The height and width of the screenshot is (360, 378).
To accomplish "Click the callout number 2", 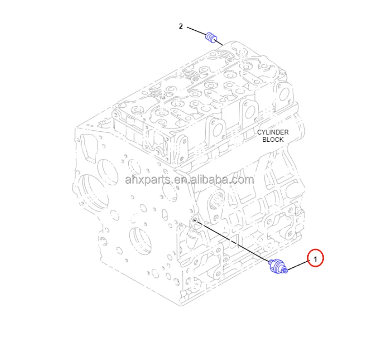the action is click(181, 26).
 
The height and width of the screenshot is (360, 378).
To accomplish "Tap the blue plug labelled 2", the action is click(212, 36).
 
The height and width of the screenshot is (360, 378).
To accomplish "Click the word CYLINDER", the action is click(273, 132).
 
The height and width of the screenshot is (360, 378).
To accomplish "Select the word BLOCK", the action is click(273, 139).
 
